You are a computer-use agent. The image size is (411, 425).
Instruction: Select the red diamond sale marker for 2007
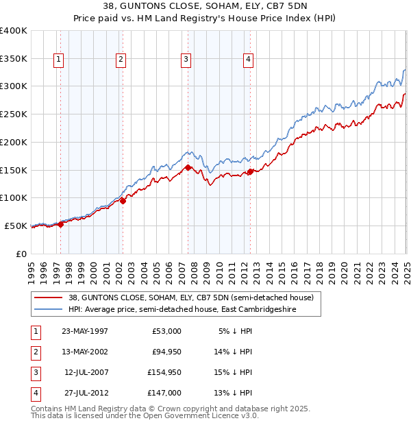click(x=188, y=167)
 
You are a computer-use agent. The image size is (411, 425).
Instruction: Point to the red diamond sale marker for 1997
click(x=61, y=223)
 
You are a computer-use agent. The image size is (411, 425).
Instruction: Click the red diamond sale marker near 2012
click(x=251, y=171)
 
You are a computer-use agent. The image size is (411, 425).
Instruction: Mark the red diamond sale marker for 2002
click(x=123, y=201)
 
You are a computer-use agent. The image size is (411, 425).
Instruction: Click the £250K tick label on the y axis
click(x=13, y=114)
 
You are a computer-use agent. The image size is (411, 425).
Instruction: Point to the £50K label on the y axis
click(x=16, y=226)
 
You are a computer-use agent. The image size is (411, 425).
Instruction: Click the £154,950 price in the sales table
click(x=164, y=372)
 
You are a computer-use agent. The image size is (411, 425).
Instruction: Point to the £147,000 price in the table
click(x=164, y=393)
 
